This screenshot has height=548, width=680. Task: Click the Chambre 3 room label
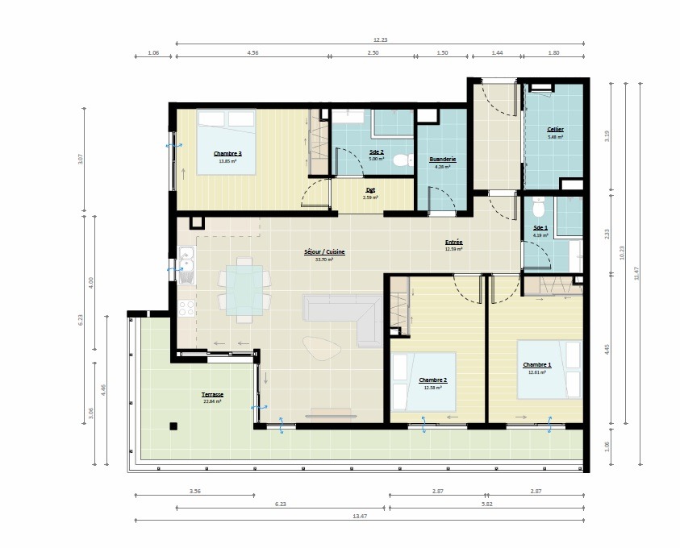pos(227,153)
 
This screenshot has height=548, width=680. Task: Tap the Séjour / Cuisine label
pos(324,252)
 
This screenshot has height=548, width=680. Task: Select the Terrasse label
pos(213,395)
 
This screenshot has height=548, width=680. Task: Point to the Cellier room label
pos(555,129)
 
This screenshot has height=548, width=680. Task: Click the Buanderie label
pos(443,160)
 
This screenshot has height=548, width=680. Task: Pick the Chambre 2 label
pos(433,380)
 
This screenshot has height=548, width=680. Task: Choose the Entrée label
pos(453,242)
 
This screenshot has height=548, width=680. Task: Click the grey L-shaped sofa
pos(347,314)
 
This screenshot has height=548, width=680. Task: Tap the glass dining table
pos(244,288)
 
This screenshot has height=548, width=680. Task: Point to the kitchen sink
pos(186,263)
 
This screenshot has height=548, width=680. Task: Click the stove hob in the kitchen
pos(186,308)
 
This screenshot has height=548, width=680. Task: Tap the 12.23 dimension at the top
pos(380,39)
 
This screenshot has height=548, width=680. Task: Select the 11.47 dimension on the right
pos(636,274)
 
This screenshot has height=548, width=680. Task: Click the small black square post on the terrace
pos(173,426)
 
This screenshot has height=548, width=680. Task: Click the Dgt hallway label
pos(370,190)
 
